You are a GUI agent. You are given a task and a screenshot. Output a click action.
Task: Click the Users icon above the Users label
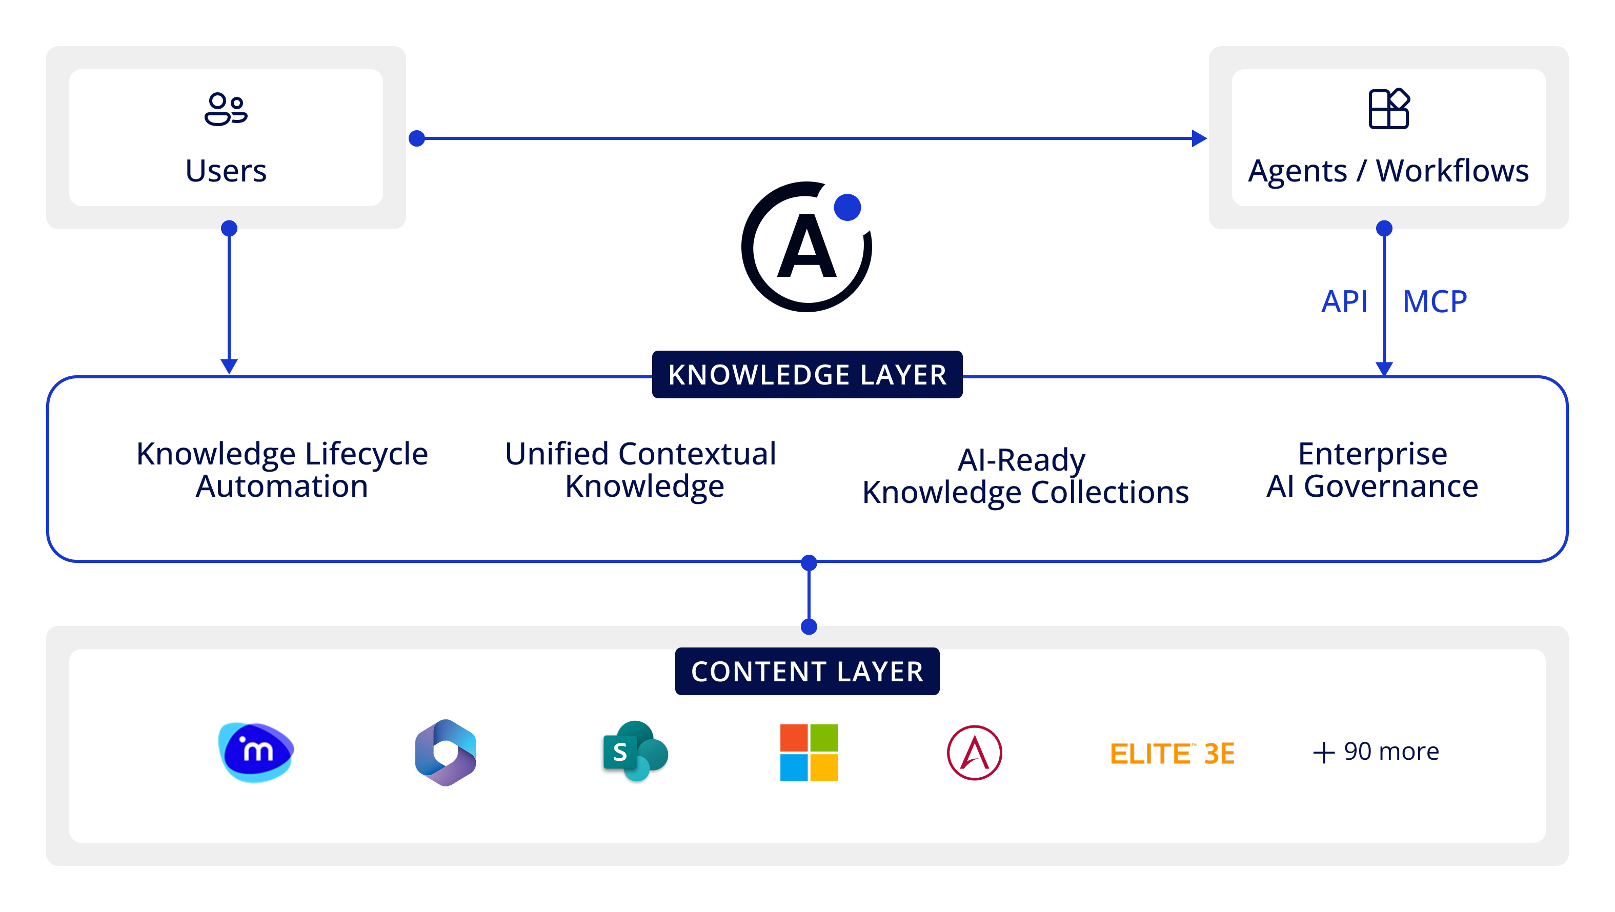tap(226, 109)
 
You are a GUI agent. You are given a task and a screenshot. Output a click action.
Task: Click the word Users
tap(226, 171)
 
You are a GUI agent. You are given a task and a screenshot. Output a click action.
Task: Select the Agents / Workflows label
tap(1388, 171)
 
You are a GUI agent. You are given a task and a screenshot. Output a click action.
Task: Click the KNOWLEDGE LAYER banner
tap(807, 374)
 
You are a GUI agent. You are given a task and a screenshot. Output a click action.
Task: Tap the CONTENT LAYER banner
tap(807, 671)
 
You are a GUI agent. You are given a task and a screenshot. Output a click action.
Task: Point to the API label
tap(1344, 301)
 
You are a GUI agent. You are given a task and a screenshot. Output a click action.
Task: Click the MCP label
tap(1435, 301)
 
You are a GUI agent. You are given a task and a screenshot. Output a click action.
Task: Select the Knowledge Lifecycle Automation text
tap(282, 470)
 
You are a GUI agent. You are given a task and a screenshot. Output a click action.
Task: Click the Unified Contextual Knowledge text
tap(641, 470)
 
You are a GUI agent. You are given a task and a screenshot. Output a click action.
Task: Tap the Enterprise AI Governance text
tap(1372, 470)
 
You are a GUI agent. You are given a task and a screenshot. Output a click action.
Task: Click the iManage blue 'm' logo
tap(256, 752)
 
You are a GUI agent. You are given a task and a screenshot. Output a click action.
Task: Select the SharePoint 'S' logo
tap(635, 751)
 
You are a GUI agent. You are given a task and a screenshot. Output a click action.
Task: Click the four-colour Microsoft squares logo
tap(809, 752)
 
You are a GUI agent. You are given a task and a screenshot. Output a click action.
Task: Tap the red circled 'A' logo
tap(974, 752)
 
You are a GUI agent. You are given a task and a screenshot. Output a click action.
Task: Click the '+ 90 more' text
tap(1376, 752)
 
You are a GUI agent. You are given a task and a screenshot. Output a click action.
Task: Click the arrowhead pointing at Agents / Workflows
tap(1199, 138)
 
